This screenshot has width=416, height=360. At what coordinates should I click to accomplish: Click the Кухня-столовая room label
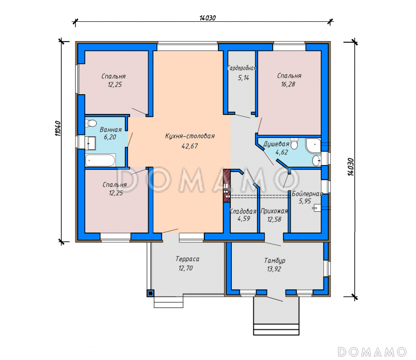(190, 136)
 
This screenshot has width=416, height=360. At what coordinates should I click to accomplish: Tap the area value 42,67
(190, 146)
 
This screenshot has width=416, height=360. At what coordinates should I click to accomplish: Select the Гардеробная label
(242, 68)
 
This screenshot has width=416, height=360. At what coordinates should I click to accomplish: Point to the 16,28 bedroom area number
(288, 84)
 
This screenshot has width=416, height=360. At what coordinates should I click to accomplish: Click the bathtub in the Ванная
(100, 160)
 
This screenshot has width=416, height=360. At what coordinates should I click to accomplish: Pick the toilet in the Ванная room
(90, 123)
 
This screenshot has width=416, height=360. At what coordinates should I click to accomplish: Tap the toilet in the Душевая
(294, 144)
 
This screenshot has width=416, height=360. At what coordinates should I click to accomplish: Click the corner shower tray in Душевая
(314, 145)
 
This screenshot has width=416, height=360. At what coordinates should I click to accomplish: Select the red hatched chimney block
(227, 186)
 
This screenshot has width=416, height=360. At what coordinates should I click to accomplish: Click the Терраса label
(187, 259)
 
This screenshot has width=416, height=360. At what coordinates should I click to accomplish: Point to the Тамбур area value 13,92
(274, 269)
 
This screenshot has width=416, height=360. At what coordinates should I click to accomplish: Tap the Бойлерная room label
(307, 194)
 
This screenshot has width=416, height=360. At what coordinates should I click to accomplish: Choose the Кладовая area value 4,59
(244, 219)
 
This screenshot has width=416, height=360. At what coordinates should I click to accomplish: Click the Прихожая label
(274, 211)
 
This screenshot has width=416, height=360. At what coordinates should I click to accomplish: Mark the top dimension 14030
(207, 18)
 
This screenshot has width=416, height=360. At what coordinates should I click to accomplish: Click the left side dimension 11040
(58, 128)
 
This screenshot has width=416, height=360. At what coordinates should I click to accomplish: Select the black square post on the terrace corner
(150, 293)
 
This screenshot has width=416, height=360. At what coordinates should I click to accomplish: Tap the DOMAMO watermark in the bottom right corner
(372, 352)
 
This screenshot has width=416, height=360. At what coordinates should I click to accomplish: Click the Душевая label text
(276, 144)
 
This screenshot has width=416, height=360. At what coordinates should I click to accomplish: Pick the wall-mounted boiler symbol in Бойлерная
(316, 208)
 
